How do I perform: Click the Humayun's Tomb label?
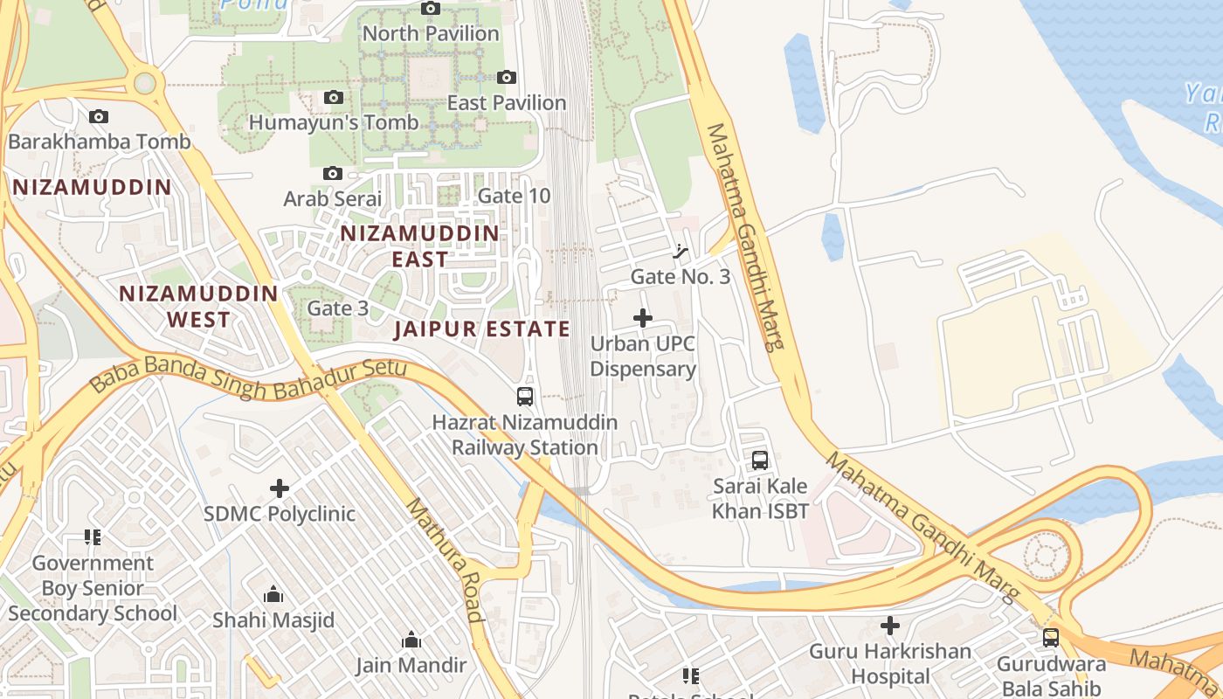[334, 122]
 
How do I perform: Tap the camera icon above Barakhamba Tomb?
[99, 116]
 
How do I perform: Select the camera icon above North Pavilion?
[431, 9]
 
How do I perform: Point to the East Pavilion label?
[507, 103]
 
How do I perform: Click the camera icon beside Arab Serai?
[333, 174]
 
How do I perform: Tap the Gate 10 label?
[515, 196]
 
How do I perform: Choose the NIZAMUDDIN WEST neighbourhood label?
[198, 307]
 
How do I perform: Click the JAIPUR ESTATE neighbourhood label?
[481, 329]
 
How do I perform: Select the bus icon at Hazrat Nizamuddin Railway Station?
[524, 397]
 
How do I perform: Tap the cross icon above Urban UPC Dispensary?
[643, 318]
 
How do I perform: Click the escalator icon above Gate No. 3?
[681, 253]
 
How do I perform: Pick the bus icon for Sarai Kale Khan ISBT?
[760, 460]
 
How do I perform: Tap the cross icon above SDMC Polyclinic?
[280, 488]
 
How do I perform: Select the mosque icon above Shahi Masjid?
[273, 595]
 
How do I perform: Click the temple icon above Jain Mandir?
[411, 640]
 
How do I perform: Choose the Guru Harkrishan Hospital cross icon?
[890, 626]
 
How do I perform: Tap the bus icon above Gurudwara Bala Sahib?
[1051, 638]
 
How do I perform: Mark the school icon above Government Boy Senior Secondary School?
[93, 536]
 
